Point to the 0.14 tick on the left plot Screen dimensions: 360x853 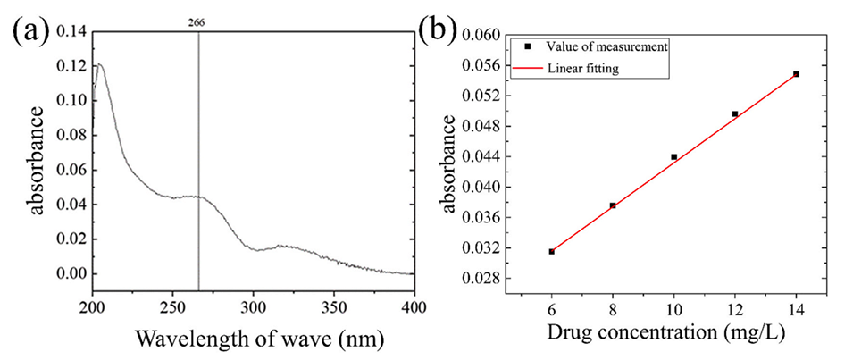point(69,32)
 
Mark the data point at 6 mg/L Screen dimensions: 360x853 point(551,252)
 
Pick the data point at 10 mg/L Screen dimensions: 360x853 point(673,156)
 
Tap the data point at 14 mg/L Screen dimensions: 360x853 point(796,74)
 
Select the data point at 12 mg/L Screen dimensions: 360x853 point(735,114)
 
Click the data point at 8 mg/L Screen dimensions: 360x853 point(613,205)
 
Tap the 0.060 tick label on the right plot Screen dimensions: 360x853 point(480,35)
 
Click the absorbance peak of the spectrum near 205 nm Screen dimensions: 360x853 point(98,64)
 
